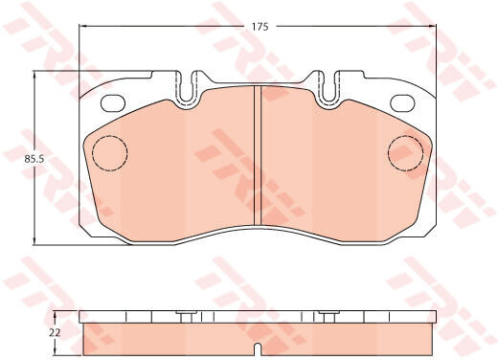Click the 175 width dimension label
(260, 27)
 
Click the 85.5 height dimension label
(34, 159)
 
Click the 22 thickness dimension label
(55, 333)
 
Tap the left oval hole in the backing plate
(113, 103)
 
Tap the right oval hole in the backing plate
(403, 103)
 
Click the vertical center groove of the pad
(258, 155)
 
